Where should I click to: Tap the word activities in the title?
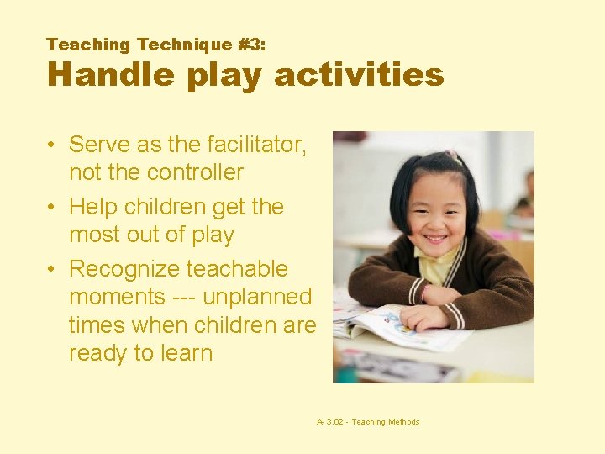(x=359, y=75)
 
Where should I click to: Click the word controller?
(x=194, y=172)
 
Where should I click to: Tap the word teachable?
(x=237, y=269)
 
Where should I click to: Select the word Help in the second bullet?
(x=93, y=207)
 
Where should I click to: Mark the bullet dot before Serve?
(x=52, y=145)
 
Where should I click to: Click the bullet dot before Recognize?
(x=52, y=270)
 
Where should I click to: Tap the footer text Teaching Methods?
(x=386, y=422)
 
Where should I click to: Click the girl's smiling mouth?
(x=435, y=238)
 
